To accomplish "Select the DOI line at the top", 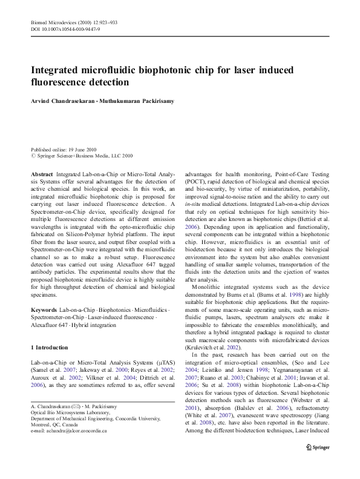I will coord(65,29).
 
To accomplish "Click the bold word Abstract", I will coord(41,173).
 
